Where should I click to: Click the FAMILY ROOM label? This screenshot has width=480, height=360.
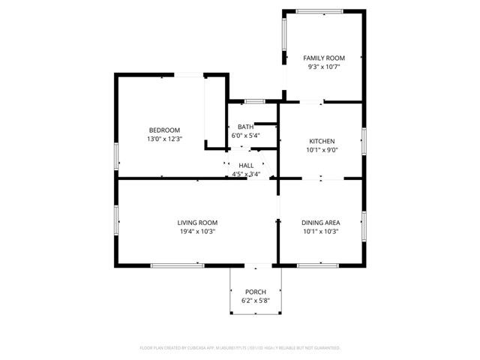pyautogui.click(x=323, y=58)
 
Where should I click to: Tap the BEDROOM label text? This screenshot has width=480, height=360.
pyautogui.click(x=164, y=130)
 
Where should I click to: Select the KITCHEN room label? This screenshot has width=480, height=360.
pyautogui.click(x=322, y=141)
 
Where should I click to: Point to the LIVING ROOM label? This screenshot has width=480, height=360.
pyautogui.click(x=197, y=223)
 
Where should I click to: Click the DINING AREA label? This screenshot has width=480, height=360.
pyautogui.click(x=320, y=223)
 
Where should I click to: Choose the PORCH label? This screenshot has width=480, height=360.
pyautogui.click(x=255, y=291)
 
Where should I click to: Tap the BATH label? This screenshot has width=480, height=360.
pyautogui.click(x=245, y=127)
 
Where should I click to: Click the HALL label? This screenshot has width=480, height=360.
pyautogui.click(x=246, y=165)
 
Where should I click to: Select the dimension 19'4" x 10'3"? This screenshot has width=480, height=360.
pyautogui.click(x=197, y=232)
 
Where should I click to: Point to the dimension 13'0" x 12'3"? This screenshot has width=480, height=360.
pyautogui.click(x=164, y=139)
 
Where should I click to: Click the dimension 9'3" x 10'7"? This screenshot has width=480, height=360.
pyautogui.click(x=323, y=67)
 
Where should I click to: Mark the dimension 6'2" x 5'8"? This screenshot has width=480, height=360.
pyautogui.click(x=255, y=300)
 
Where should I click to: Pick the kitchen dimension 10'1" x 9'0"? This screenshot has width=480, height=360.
pyautogui.click(x=322, y=149)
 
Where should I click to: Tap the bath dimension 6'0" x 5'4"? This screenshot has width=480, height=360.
pyautogui.click(x=245, y=136)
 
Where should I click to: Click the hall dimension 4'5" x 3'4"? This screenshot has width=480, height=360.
pyautogui.click(x=246, y=174)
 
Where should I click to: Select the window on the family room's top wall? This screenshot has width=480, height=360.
pyautogui.click(x=320, y=10)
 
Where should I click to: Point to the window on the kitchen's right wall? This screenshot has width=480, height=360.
pyautogui.click(x=364, y=140)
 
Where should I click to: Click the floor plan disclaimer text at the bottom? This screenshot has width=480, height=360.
pyautogui.click(x=240, y=348)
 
